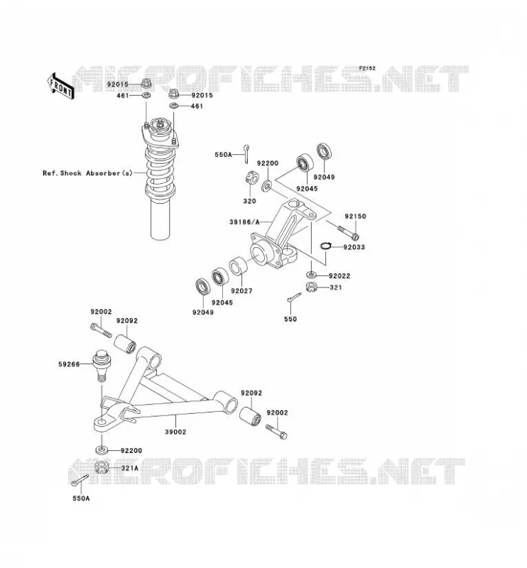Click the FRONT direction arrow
click(60, 86)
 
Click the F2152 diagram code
click(367, 68)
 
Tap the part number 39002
click(175, 432)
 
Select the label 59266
click(69, 364)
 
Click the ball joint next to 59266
click(101, 365)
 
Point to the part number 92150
click(355, 217)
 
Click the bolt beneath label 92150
click(348, 232)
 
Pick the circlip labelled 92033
click(326, 246)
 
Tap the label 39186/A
click(244, 222)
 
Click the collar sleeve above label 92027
click(239, 266)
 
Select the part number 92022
click(339, 275)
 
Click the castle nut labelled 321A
click(102, 467)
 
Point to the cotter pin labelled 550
click(294, 297)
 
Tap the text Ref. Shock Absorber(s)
click(87, 173)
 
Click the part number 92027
click(241, 290)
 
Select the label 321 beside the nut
click(336, 288)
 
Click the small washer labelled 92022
click(312, 273)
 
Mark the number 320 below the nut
click(249, 201)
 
